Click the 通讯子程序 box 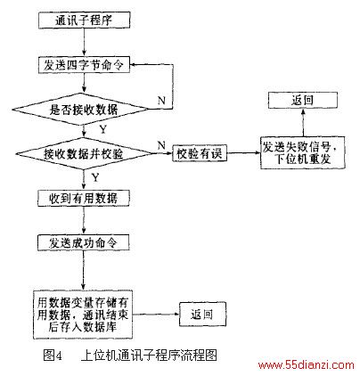tap(85, 20)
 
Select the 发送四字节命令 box tap(85, 65)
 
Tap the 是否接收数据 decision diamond tap(81, 110)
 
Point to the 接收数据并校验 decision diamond tap(84, 153)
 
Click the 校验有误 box tap(200, 153)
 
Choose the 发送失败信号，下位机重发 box tap(303, 153)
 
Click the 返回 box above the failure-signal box tap(303, 101)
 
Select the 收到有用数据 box tap(84, 198)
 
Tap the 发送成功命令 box tap(84, 242)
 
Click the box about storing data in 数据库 tap(83, 315)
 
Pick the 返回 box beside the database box tap(202, 315)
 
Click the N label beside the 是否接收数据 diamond tap(161, 101)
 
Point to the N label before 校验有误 tap(161, 145)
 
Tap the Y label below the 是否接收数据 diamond tap(102, 130)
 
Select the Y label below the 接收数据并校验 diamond tap(95, 177)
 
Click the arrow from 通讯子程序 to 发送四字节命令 tap(85, 43)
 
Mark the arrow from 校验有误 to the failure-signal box tap(244, 153)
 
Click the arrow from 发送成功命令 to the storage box tap(84, 270)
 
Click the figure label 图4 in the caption tap(53, 356)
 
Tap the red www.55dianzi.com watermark tap(307, 365)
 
